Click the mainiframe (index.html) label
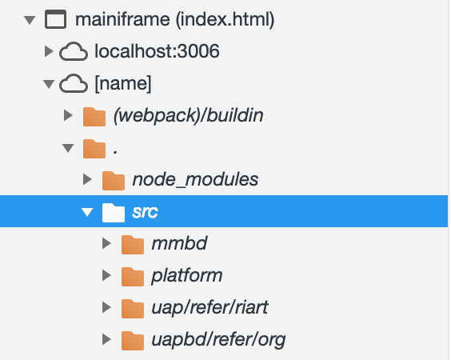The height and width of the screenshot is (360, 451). [174, 19]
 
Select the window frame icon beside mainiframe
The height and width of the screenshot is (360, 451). [55, 19]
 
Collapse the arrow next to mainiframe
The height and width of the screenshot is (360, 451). [30, 20]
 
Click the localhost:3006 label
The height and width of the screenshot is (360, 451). [157, 51]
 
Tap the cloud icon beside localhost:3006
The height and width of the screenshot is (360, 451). [74, 51]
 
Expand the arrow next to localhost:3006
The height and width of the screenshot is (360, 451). [49, 51]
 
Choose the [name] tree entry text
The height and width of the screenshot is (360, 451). [123, 83]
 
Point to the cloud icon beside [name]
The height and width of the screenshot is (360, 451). [74, 83]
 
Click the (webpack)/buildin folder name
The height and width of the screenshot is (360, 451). [189, 115]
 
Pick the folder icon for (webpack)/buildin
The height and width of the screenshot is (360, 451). [94, 116]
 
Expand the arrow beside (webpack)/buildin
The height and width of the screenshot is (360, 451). [68, 115]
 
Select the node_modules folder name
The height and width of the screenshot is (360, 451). [195, 179]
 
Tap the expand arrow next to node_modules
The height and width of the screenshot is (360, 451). [87, 179]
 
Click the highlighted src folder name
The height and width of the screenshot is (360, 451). [145, 212]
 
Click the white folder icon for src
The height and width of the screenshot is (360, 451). [114, 212]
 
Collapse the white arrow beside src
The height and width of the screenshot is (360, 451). [87, 212]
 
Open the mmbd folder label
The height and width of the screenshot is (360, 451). [179, 243]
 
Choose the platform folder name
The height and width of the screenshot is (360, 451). [186, 276]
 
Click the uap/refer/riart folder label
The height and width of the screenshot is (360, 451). [210, 307]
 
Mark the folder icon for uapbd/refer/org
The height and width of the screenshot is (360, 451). [133, 341]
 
